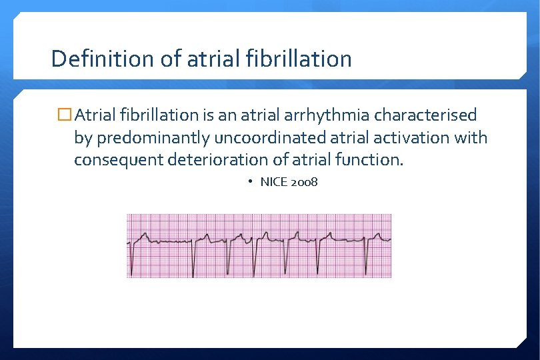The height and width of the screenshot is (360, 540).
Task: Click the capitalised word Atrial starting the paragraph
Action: pos(97,115)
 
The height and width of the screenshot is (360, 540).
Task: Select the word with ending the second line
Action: pos(472,138)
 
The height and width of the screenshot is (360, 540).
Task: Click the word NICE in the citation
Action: pos(273,182)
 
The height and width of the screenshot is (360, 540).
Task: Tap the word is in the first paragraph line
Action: pos(208,115)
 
